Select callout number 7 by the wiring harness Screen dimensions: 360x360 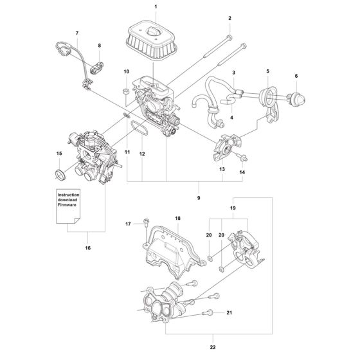pyautogui.click(x=78, y=32)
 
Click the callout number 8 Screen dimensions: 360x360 pyautogui.click(x=100, y=46)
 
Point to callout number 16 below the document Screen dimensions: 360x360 pyautogui.click(x=87, y=248)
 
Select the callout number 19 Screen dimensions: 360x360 pyautogui.click(x=233, y=209)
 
